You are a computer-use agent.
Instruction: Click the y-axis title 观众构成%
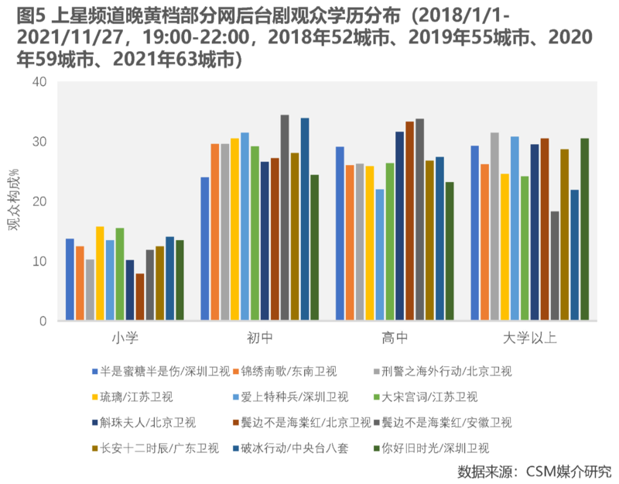point(15,201)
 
